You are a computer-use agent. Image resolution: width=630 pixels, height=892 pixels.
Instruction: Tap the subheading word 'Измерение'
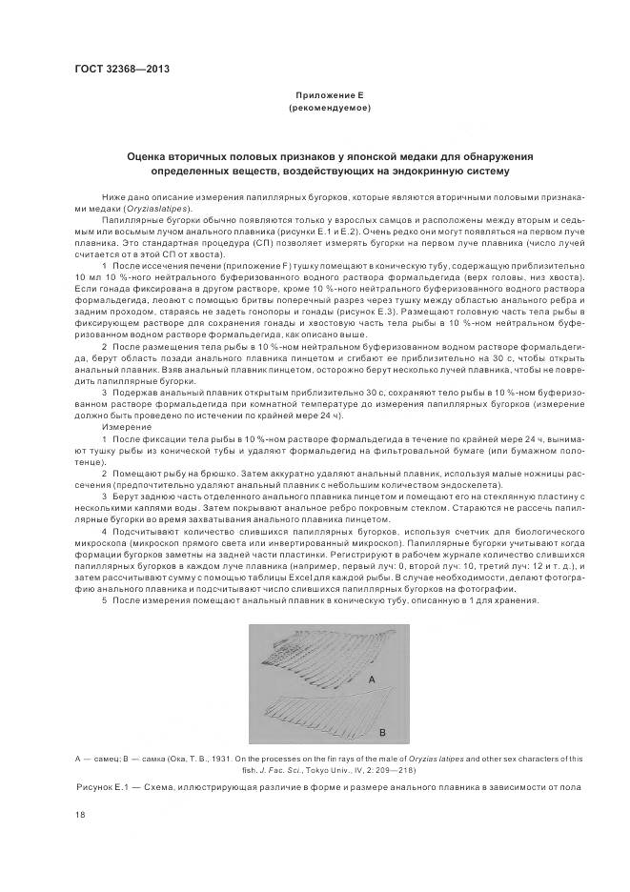coord(121,427)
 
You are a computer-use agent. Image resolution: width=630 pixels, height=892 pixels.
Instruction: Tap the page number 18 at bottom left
coord(79,815)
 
